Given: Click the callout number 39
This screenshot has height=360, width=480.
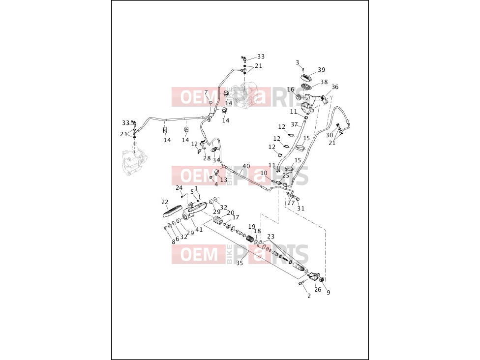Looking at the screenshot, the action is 322,70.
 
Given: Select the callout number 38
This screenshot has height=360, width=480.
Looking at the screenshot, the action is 324,82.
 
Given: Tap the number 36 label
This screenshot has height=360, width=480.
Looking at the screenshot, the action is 335,87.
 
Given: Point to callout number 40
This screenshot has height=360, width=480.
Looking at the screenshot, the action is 246,166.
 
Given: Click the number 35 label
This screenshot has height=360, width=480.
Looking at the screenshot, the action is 240,263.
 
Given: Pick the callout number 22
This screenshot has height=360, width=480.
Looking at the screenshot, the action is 165,202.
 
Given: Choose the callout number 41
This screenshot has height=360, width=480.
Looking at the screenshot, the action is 199,229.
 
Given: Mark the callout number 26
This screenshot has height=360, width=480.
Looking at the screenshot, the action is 318,290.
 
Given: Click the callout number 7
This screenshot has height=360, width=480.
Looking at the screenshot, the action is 206,92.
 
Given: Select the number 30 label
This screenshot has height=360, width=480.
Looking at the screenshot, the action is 329,135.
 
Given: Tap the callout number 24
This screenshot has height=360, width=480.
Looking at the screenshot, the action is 179,188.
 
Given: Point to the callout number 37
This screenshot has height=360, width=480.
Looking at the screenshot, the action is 294,124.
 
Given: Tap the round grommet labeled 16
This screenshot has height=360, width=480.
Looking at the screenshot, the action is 300,97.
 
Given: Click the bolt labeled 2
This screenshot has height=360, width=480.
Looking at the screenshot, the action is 302,283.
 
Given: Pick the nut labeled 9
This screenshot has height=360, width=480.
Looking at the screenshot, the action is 322,279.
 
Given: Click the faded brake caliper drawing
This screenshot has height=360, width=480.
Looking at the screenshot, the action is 134,163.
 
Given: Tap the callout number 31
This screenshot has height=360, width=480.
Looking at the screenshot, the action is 301,209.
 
